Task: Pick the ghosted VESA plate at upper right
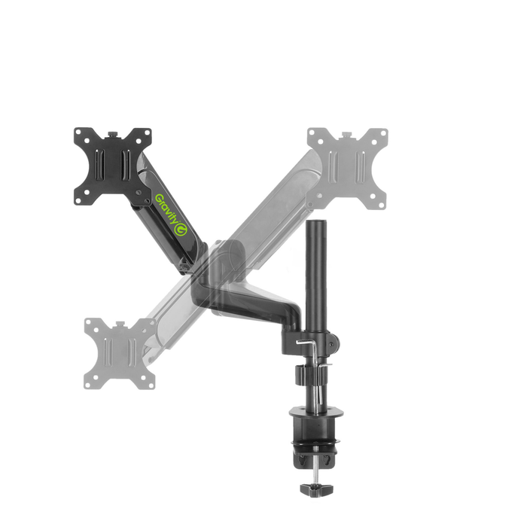tap(347, 168)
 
